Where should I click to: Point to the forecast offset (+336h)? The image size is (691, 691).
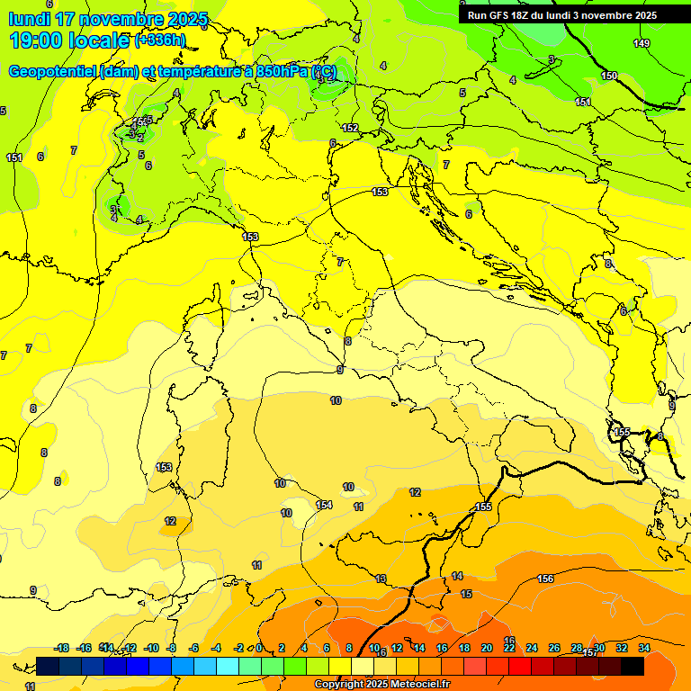pos(160,40)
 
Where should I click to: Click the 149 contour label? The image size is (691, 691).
pos(641,44)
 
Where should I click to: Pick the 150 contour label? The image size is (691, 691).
pos(609,76)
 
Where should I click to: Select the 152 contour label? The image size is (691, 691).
pos(350,128)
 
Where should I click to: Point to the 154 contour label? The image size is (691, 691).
pos(324,505)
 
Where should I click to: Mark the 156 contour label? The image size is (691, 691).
pos(545,579)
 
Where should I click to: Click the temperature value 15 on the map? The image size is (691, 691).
pos(466,595)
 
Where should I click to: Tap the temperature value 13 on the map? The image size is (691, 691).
pos(381,579)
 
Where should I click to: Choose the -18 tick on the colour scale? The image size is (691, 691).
pos(62,648)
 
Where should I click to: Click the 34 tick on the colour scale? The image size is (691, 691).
pos(644,648)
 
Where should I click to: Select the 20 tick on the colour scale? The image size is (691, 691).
pos(487,648)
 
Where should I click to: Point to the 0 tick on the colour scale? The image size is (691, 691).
pos(259,648)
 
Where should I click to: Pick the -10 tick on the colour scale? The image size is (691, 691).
pos(152,648)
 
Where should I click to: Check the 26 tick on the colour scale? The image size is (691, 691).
pos(554,648)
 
